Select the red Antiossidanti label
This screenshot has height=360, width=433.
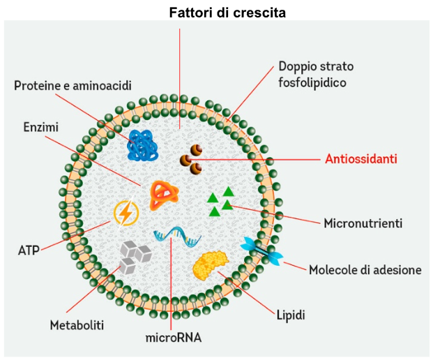tap(361, 159)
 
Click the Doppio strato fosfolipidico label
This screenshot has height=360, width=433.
tap(316, 74)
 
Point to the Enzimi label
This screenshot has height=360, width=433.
tap(40, 128)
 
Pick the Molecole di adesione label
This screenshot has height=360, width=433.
tap(365, 269)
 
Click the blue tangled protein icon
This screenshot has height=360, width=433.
tap(144, 145)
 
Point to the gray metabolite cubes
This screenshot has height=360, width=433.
tap(133, 256)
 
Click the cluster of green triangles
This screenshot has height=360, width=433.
tap(221, 200)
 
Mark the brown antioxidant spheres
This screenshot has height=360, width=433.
tap(191, 159)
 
